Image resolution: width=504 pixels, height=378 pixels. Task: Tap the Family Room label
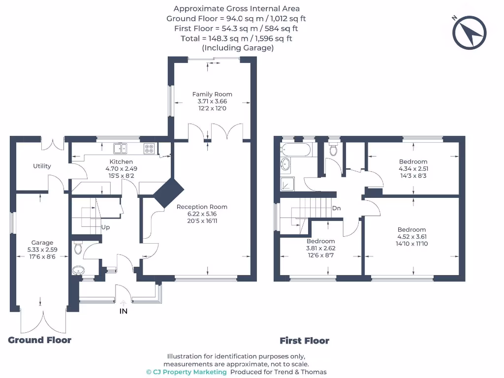212,94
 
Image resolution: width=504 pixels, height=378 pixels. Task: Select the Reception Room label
202,207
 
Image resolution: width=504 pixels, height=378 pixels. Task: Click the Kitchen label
121,161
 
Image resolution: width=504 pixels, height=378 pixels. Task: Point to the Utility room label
42,166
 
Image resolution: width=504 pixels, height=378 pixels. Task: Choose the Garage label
42,243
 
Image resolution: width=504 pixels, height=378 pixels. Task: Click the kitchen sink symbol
120,147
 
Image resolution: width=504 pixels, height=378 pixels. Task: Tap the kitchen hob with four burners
149,148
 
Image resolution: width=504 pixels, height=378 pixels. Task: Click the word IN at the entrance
124,311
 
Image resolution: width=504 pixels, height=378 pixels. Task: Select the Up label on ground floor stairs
105,227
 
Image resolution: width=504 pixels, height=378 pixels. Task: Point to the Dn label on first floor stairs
337,208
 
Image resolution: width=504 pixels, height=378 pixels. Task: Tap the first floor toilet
334,149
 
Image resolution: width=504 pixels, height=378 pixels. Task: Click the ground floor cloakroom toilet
78,249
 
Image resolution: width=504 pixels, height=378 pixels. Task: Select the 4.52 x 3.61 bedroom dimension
411,237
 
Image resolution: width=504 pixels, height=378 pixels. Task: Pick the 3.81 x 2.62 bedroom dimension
321,248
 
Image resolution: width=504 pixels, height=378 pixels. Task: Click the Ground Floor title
40,340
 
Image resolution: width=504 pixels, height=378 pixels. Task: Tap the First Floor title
304,341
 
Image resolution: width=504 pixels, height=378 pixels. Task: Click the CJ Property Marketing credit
187,372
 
